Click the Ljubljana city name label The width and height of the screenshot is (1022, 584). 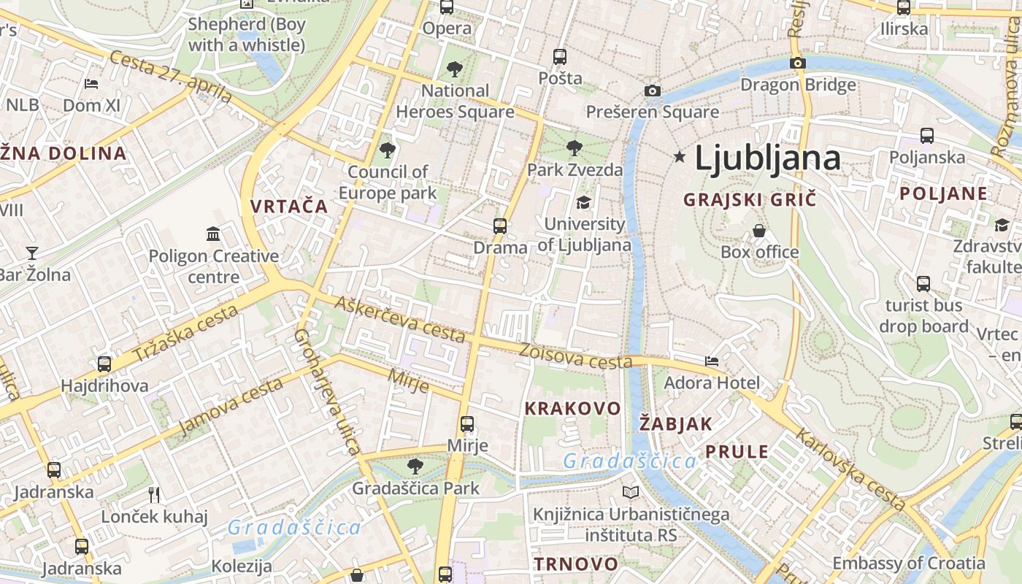click(767, 158)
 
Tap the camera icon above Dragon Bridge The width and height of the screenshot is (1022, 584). click(798, 64)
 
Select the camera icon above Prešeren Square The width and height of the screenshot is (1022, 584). click(653, 91)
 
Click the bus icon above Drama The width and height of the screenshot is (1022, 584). click(500, 226)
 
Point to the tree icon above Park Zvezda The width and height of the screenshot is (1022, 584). click(575, 148)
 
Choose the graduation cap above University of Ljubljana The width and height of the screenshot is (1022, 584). click(583, 202)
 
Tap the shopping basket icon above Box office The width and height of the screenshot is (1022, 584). click(759, 231)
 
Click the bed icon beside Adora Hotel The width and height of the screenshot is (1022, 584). click(712, 361)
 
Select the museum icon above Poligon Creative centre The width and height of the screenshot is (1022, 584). click(213, 234)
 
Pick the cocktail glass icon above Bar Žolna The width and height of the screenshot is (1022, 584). click(32, 253)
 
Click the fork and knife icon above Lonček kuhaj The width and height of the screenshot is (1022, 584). click(154, 495)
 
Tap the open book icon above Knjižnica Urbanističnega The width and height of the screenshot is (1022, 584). click(631, 493)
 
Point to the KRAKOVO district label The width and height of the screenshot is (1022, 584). click(572, 409)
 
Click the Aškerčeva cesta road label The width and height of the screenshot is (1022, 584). click(399, 319)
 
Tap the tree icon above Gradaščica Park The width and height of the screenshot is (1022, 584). click(415, 466)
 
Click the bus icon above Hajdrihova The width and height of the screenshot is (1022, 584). click(104, 364)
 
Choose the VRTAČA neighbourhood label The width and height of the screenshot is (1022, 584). click(289, 207)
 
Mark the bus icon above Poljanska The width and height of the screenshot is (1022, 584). click(927, 136)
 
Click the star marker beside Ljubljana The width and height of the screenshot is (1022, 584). click(680, 156)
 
